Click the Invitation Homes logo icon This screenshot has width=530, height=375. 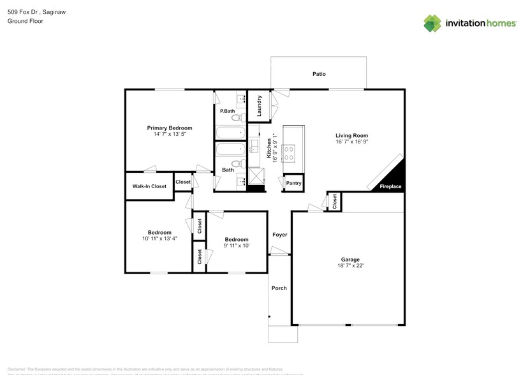pos(433,24)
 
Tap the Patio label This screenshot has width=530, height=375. pos(319,74)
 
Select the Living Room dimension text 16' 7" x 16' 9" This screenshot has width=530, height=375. pos(351,143)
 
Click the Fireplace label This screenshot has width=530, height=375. pos(390,187)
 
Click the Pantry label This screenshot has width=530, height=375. pos(294,184)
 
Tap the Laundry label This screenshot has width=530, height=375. pos(260,105)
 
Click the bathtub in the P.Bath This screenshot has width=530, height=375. pos(230,133)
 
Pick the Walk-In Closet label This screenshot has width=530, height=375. pos(149,186)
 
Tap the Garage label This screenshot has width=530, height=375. pos(350,260)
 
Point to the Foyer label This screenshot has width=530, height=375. pos(279,235)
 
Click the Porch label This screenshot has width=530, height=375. pos(279,288)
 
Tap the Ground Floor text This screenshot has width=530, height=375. pos(25,21)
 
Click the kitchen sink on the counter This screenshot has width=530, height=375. pos(253,149)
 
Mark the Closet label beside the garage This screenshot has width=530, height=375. pos(334,202)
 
